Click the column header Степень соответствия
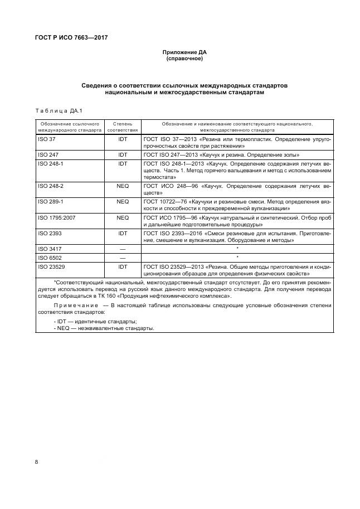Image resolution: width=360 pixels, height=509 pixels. point(123,126)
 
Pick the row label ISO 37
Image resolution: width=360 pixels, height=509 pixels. point(46,138)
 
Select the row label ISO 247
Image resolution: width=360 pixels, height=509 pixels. point(47,154)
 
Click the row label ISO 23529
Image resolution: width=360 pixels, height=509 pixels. point(51,267)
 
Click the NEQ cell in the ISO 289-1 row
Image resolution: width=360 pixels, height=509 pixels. point(123,201)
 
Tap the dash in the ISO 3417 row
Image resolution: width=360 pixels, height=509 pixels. point(123,249)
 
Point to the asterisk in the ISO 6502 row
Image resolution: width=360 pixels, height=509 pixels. point(237,258)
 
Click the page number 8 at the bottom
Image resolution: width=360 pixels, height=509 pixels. point(37,462)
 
